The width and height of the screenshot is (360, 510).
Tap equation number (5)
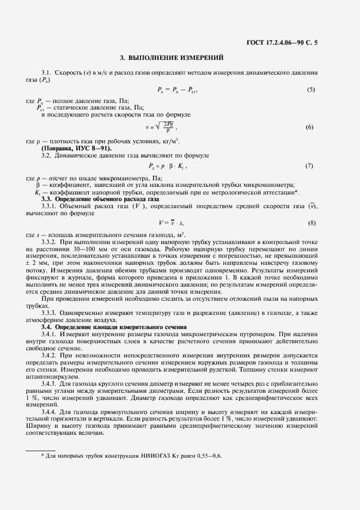[310, 89]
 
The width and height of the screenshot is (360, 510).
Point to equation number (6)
[310, 127]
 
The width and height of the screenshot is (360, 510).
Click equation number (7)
[310, 165]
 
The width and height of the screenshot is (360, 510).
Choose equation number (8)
[310, 222]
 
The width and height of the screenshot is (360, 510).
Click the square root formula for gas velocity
[162, 127]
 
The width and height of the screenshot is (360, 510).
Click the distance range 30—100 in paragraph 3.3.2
[90, 248]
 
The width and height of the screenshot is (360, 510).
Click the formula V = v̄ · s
[171, 222]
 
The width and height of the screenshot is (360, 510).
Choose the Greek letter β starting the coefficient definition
[38, 185]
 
